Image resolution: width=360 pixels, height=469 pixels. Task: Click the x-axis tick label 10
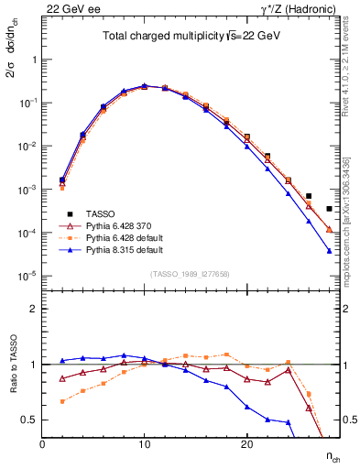pos(144,444)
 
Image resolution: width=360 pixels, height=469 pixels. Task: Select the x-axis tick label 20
pos(245,444)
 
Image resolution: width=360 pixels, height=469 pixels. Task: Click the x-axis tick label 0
pos(43,444)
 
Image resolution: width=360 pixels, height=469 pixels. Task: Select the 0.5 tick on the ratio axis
pos(29,420)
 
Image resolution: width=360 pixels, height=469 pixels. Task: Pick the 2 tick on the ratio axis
pos(33,309)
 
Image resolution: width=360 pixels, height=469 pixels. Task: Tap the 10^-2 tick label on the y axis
pos(27,146)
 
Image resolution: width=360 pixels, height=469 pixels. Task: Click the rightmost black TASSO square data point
pos(329,209)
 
